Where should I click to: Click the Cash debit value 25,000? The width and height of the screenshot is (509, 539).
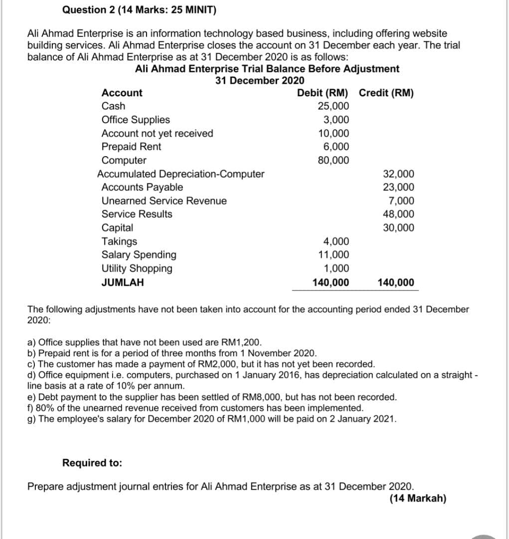point(334,106)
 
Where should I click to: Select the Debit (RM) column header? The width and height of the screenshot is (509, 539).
point(323,93)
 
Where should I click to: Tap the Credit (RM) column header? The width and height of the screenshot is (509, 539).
point(386,93)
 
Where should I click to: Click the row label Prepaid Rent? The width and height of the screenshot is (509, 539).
point(131,147)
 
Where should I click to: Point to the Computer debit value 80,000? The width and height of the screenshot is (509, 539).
point(334,160)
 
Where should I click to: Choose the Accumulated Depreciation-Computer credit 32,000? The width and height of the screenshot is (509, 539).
point(398,174)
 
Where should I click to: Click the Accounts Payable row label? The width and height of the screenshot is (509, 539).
point(142,187)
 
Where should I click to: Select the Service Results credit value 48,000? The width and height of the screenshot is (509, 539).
point(398,214)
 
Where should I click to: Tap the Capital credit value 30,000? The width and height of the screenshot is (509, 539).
point(398,228)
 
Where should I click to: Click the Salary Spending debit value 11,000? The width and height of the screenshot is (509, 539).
point(334,255)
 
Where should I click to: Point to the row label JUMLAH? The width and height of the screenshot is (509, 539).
point(123,282)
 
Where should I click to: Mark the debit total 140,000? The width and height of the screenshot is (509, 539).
point(331,282)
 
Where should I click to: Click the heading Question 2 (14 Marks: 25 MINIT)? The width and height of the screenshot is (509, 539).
point(140,10)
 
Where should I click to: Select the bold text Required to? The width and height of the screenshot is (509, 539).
point(92,463)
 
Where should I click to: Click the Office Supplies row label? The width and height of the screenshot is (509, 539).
point(136,120)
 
